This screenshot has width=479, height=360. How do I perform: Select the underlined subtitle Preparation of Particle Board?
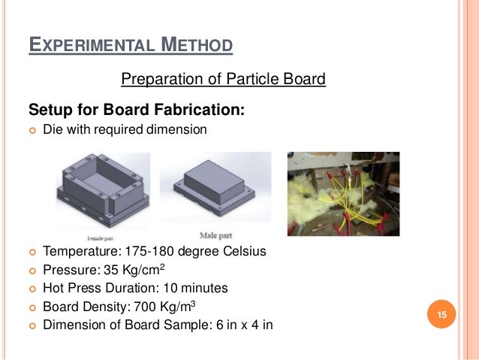pyautogui.click(x=223, y=79)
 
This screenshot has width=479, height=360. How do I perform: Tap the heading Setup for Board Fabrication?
pyautogui.click(x=137, y=109)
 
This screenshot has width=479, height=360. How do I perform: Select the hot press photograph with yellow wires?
pyautogui.click(x=344, y=193)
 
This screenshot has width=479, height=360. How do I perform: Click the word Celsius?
pyautogui.click(x=244, y=252)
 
